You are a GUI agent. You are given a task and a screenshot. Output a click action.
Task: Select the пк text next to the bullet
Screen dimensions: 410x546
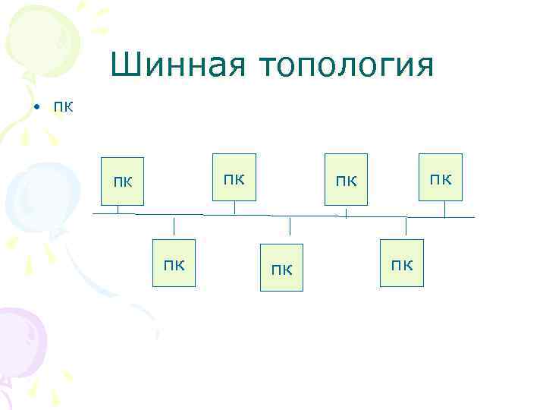[x=63, y=106]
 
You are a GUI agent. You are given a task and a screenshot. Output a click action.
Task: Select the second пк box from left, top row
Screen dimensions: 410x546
[x=234, y=178]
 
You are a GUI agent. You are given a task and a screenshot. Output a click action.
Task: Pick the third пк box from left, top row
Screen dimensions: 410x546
[x=346, y=181]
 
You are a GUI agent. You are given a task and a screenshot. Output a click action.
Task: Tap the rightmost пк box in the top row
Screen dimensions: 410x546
[x=441, y=178]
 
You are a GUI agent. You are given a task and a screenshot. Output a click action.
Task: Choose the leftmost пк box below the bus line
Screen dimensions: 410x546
[x=174, y=263]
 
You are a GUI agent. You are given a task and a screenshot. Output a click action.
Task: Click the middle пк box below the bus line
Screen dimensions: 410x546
[x=281, y=267]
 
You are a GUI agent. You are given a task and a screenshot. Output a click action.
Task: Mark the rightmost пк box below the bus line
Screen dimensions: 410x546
[x=402, y=263]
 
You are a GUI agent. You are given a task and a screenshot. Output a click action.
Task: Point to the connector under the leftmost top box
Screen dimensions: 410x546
[x=118, y=210]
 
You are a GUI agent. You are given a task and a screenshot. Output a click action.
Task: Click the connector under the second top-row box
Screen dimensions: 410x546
[x=234, y=207]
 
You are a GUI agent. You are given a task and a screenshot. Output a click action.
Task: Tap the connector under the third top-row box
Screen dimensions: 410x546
[x=347, y=212]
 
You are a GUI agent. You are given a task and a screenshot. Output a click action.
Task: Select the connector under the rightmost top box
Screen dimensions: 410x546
[x=439, y=209]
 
